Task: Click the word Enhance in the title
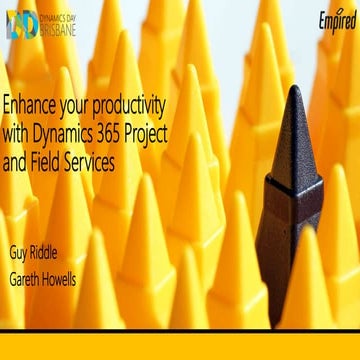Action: click(x=31, y=105)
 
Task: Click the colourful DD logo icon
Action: click(x=21, y=24)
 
